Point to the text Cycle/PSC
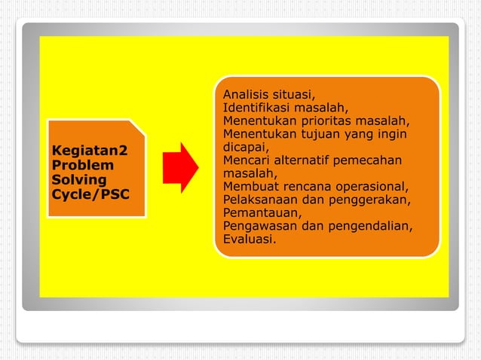(90, 195)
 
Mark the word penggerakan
(371, 200)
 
